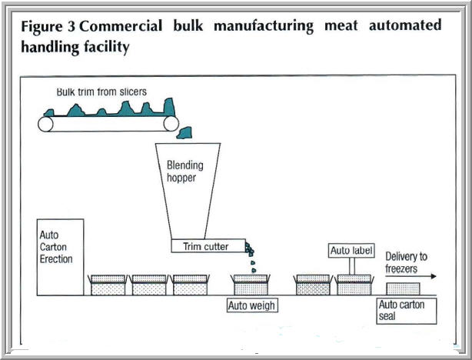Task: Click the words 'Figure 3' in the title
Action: tap(48, 26)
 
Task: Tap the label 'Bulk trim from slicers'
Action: tap(101, 92)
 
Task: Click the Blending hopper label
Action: tap(181, 170)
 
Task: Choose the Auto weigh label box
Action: tap(251, 305)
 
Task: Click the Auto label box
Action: tap(351, 251)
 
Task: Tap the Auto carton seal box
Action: tap(401, 311)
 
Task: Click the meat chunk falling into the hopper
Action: tap(184, 135)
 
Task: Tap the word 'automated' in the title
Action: tap(405, 26)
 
